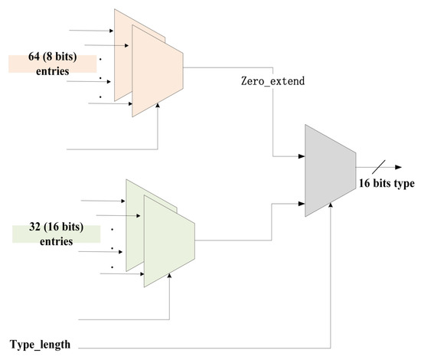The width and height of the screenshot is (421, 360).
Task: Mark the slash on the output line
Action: (x=381, y=165)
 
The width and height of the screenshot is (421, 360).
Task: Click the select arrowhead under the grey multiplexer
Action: (x=330, y=208)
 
